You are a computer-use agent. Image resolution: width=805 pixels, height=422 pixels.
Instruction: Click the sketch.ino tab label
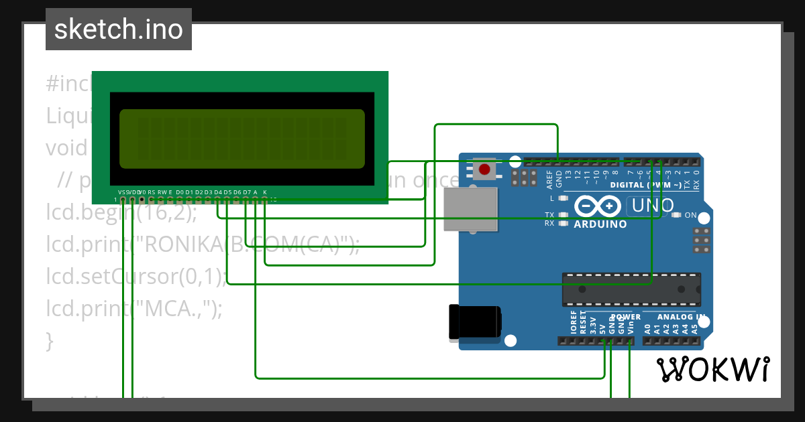119,29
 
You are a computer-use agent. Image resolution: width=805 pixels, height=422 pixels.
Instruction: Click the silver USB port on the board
471,210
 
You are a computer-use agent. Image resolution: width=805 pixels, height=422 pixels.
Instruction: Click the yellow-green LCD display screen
241,139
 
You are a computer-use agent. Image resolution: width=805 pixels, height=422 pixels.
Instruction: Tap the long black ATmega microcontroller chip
631,289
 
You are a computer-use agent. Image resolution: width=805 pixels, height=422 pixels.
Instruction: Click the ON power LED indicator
676,215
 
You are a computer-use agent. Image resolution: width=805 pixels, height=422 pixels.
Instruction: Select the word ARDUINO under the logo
600,224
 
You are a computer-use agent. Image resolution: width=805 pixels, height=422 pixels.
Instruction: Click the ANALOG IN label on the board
681,317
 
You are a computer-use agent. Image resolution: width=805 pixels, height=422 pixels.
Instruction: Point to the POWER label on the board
625,317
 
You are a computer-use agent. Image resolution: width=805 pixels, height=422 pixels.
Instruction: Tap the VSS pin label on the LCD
123,192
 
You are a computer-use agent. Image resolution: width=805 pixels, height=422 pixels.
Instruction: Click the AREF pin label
549,179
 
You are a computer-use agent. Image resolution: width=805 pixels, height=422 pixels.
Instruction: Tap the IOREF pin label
574,322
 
